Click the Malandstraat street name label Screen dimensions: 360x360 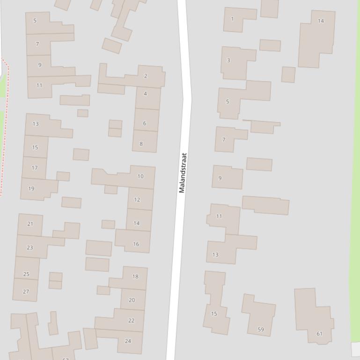coord(183,173)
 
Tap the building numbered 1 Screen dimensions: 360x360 coord(233,19)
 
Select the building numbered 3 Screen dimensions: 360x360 coord(228,60)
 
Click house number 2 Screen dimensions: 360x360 coord(146,76)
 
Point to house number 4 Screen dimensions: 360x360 coord(145,94)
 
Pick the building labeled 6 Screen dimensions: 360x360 coord(144,123)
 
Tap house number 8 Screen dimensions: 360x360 coord(141,144)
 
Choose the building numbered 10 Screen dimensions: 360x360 coord(140,176)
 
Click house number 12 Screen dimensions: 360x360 coord(137,200)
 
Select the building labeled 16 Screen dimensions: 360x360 coord(136,244)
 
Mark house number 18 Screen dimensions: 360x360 coord(135,276)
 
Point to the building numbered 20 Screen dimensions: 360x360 coord(132,300)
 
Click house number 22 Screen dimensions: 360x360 coord(131,320)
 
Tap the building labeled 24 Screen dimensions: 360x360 coord(128,341)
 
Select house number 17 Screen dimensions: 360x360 coord(35,168)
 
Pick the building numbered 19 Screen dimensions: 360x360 coord(31,189)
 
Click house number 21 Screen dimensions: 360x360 coord(30,224)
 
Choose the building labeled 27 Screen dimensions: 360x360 coord(26,291)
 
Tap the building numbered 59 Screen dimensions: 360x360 coord(261,329)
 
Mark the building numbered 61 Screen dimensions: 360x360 coord(319,334)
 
